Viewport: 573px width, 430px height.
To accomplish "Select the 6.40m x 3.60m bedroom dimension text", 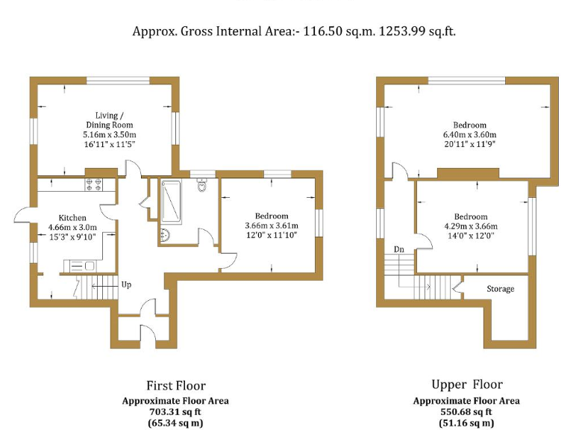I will [x=469, y=135].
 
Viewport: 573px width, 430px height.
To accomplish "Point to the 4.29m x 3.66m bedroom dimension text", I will [x=471, y=226].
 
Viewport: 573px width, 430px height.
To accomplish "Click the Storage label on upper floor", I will [x=500, y=289].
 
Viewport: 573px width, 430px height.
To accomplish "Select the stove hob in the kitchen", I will [x=93, y=184].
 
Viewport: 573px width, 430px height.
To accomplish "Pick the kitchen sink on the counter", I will [x=81, y=265].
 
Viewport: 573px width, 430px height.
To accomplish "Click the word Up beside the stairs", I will [x=126, y=284].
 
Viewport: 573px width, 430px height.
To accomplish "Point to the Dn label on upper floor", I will [x=399, y=249].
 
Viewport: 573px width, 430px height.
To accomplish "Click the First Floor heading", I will [x=175, y=385].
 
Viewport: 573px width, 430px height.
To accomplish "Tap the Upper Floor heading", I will [x=467, y=384].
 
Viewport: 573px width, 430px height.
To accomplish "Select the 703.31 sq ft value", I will [x=175, y=412].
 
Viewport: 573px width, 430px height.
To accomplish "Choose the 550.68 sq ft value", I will [x=466, y=412].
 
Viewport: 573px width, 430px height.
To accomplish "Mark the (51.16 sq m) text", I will [x=466, y=423].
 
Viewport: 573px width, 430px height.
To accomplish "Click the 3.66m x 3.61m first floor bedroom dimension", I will [x=272, y=226].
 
